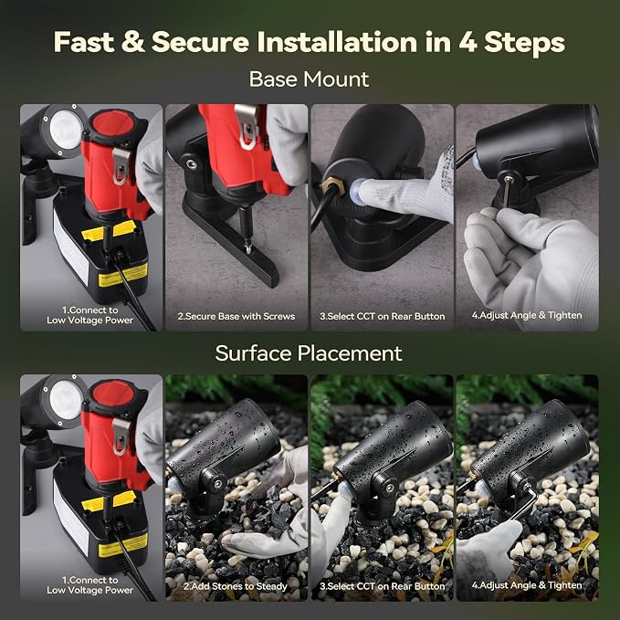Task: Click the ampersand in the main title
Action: click(x=133, y=42)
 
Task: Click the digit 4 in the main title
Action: click(x=468, y=42)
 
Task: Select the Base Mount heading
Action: click(x=309, y=79)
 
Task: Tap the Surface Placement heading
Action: click(x=309, y=353)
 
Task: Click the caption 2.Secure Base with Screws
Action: click(x=236, y=316)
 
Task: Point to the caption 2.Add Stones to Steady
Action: click(x=236, y=586)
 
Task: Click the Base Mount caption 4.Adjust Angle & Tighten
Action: click(x=527, y=315)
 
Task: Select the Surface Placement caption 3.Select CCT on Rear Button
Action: click(x=383, y=586)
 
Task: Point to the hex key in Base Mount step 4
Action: click(x=508, y=192)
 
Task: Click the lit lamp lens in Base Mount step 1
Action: click(x=66, y=129)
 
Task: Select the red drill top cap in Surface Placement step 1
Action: click(x=113, y=397)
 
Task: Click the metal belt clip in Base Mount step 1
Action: click(x=121, y=165)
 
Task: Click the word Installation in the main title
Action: click(x=337, y=42)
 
